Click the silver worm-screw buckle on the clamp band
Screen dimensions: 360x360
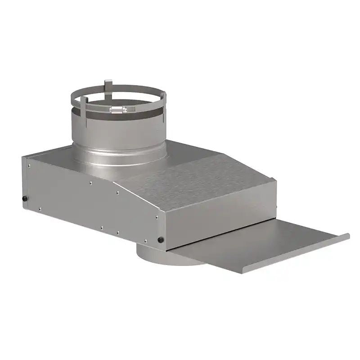(x=117, y=109)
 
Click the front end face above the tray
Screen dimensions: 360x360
(x=220, y=220)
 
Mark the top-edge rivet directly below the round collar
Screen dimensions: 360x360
(x=90, y=183)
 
